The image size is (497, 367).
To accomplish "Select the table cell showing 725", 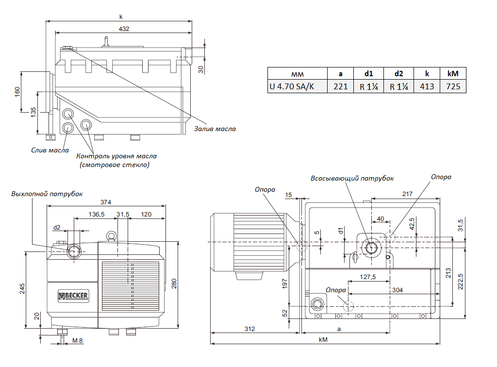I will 453,87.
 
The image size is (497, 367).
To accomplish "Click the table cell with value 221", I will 340,87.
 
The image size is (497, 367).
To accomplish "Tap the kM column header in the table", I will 453,74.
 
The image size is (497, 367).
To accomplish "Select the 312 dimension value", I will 249,329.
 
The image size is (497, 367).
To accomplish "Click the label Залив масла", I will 215,129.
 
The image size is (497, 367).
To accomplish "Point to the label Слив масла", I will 50,150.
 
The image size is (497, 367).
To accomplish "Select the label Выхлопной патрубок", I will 48,194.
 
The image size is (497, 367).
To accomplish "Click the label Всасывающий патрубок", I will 352,178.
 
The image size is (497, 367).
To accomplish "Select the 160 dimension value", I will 17,92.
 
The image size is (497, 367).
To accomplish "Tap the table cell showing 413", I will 427,87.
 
